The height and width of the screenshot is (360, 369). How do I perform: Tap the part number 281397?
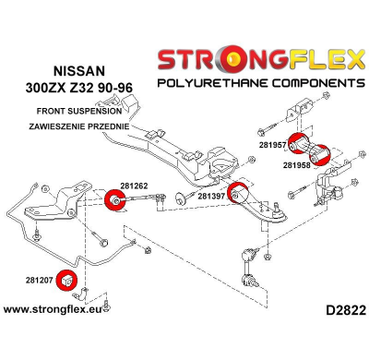click(211, 197)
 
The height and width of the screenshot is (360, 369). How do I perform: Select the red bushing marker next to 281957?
click(298, 146)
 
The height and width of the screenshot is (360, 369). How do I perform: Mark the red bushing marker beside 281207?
click(67, 277)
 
